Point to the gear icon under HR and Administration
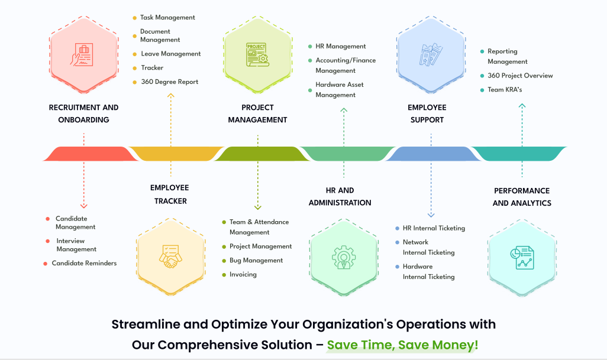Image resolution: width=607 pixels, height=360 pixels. click(344, 256)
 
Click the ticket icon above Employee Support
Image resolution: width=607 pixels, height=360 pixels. click(430, 54)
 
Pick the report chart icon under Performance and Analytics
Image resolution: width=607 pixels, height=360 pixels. click(521, 256)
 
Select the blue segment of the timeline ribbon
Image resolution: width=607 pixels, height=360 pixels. click(432, 154)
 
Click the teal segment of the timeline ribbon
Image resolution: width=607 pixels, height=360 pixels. click(521, 154)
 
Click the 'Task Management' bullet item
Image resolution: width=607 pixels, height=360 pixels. click(167, 18)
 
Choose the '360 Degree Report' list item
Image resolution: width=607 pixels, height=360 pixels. click(170, 82)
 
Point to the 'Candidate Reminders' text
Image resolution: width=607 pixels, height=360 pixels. click(84, 263)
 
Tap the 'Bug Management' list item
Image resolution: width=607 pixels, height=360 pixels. click(256, 260)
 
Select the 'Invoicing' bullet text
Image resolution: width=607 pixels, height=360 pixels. click(243, 274)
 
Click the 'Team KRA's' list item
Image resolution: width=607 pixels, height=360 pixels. click(505, 90)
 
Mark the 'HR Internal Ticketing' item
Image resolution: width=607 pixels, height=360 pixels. click(434, 228)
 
